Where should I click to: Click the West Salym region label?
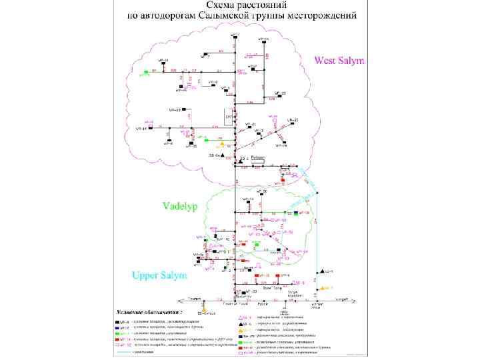tap(340, 61)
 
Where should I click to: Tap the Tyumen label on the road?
tap(193, 299)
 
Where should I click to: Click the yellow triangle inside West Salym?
tap(222, 143)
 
